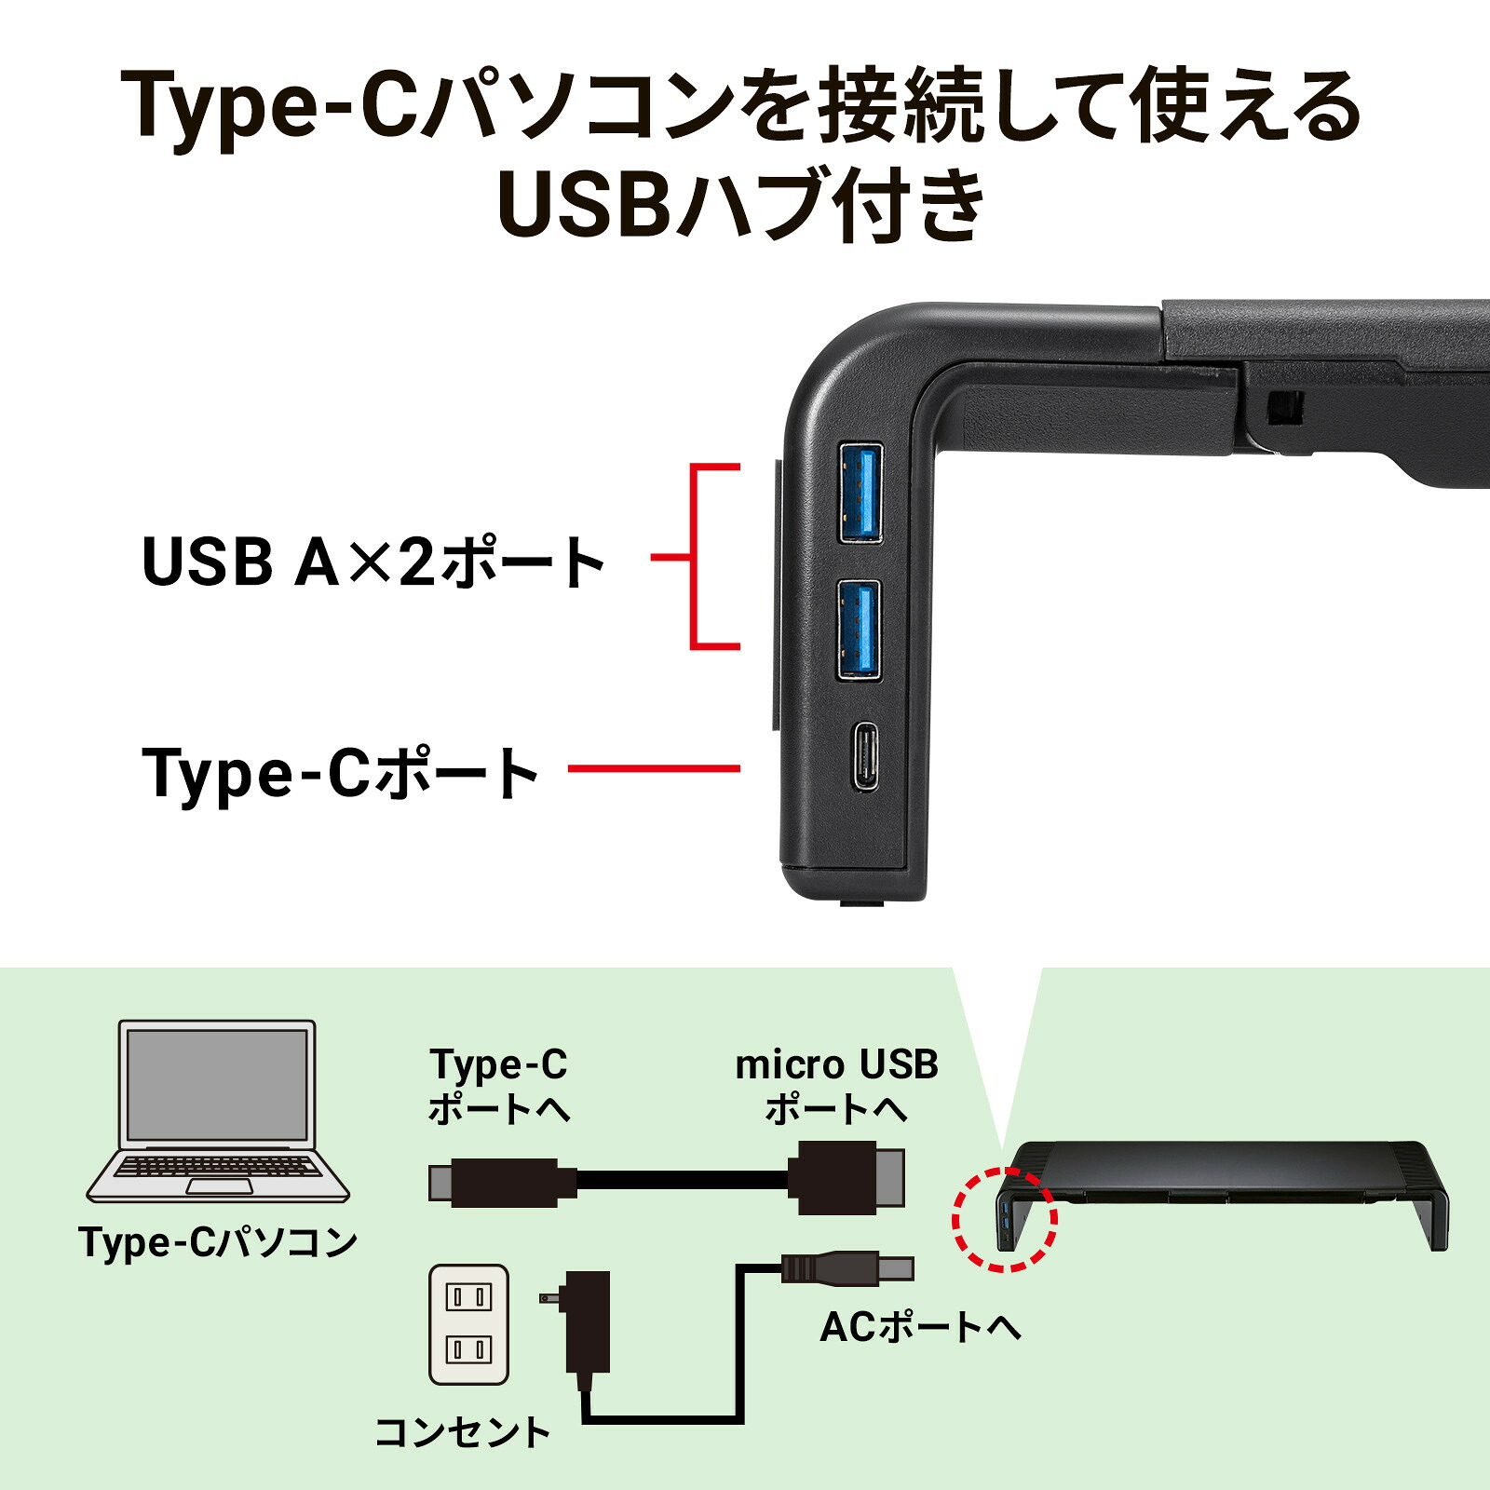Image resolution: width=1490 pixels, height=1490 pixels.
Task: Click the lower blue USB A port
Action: point(859,630)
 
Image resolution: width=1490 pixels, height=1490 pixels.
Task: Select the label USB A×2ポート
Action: point(373,562)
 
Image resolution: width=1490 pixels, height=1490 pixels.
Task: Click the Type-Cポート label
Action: point(341,772)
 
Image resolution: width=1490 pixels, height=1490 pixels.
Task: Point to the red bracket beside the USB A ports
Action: point(693,557)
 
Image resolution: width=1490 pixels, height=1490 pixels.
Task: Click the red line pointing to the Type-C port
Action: point(654,768)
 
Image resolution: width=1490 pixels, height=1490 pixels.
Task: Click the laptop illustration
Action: point(218,1111)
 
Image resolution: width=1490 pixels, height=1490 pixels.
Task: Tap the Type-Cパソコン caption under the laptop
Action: point(218,1242)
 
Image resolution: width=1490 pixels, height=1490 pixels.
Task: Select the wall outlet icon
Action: point(468,1323)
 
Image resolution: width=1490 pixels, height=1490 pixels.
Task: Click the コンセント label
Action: point(463,1432)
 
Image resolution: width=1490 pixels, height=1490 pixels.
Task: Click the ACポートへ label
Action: point(920,1327)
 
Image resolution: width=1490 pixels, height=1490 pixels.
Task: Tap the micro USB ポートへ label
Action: point(836,1086)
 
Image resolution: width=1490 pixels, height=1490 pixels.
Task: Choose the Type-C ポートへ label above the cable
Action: point(499,1086)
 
